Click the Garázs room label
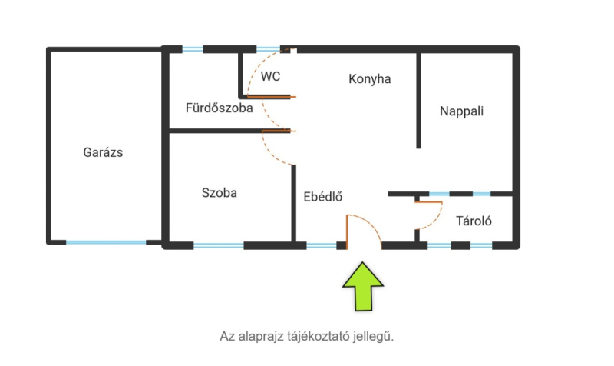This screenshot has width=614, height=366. [x=103, y=152]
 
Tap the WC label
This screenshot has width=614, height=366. [x=271, y=76]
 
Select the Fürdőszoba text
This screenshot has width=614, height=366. [x=220, y=108]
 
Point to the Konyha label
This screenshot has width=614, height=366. [x=370, y=79]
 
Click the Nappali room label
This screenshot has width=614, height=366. [x=462, y=111]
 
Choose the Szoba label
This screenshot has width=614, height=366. [x=220, y=192]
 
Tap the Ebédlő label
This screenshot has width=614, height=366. [x=323, y=197]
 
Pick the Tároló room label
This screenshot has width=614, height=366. [x=474, y=221]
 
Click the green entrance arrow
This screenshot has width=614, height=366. [x=363, y=287]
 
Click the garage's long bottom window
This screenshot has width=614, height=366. [x=106, y=242]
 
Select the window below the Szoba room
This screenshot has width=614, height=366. [x=219, y=246]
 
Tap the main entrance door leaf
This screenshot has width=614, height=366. [x=347, y=232]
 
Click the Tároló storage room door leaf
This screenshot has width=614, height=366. [x=429, y=202]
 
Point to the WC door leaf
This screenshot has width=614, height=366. [x=272, y=97]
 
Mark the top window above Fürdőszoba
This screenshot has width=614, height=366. [x=193, y=49]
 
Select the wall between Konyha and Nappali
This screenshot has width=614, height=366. [x=418, y=101]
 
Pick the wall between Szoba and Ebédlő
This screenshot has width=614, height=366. [x=293, y=204]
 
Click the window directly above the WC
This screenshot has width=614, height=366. [x=268, y=49]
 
